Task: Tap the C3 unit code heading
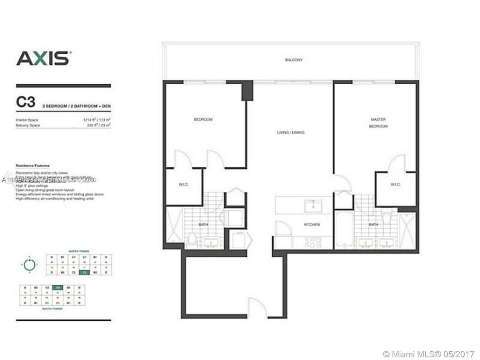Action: click(26, 102)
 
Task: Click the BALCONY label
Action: click(294, 60)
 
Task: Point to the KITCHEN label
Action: click(312, 225)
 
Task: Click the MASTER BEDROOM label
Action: click(378, 123)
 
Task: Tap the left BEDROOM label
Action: click(203, 120)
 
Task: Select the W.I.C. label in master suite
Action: click(395, 184)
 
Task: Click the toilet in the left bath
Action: click(192, 238)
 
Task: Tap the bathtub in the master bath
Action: click(343, 229)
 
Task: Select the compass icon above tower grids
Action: click(29, 265)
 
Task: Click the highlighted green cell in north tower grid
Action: click(85, 272)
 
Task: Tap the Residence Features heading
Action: click(33, 165)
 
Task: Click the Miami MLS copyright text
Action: click(429, 354)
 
